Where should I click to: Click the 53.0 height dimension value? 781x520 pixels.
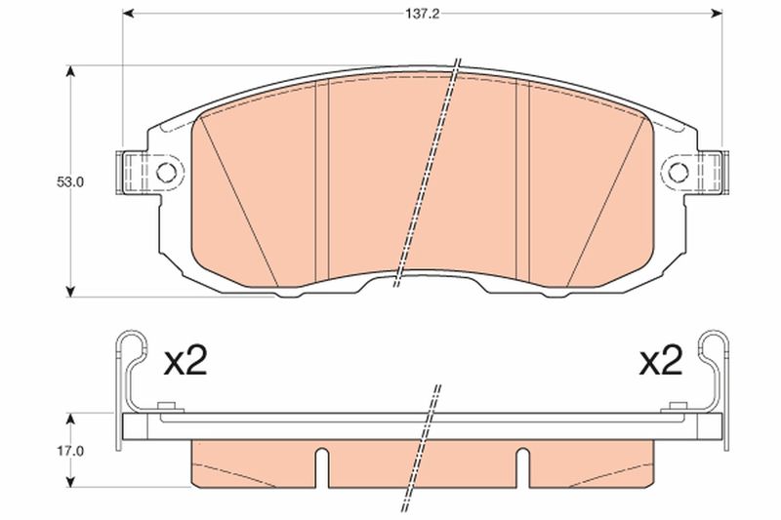point(69,182)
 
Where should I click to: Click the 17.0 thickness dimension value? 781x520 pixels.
point(69,452)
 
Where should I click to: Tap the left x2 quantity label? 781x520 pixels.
point(185,361)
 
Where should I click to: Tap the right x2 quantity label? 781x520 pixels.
point(661,361)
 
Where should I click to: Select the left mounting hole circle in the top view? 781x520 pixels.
point(166,173)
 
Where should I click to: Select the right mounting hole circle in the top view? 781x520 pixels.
point(678,173)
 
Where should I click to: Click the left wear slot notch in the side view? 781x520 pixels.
point(322,467)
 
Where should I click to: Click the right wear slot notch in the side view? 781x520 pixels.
point(522,467)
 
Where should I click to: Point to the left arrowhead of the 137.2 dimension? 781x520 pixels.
point(128,14)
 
